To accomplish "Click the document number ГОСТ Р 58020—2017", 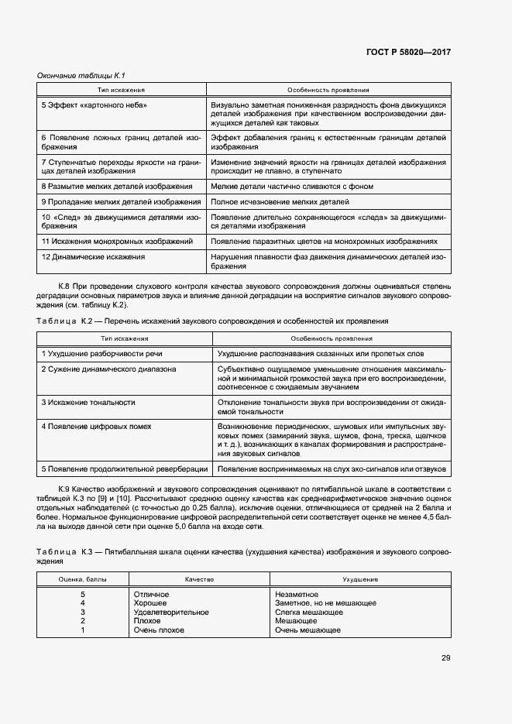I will click(x=407, y=52).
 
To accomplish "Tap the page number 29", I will click(x=445, y=658).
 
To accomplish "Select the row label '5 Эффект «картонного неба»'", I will click(x=94, y=105).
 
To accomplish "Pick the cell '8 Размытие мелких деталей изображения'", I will click(x=117, y=187).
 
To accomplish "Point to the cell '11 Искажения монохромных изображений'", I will click(x=117, y=242).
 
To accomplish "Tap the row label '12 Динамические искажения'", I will click(x=93, y=256).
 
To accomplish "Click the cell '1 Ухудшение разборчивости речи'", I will click(x=102, y=354).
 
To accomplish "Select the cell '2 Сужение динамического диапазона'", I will click(x=108, y=369).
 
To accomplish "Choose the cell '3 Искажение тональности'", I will click(x=88, y=403).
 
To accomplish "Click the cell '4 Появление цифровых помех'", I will click(x=96, y=427).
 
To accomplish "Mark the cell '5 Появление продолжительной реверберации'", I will click(x=125, y=469).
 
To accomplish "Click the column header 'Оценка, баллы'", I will click(x=82, y=578).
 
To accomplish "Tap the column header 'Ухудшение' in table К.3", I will click(x=360, y=578).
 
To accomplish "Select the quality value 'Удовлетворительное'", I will click(x=170, y=612).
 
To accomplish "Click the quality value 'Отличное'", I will click(x=151, y=594).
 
